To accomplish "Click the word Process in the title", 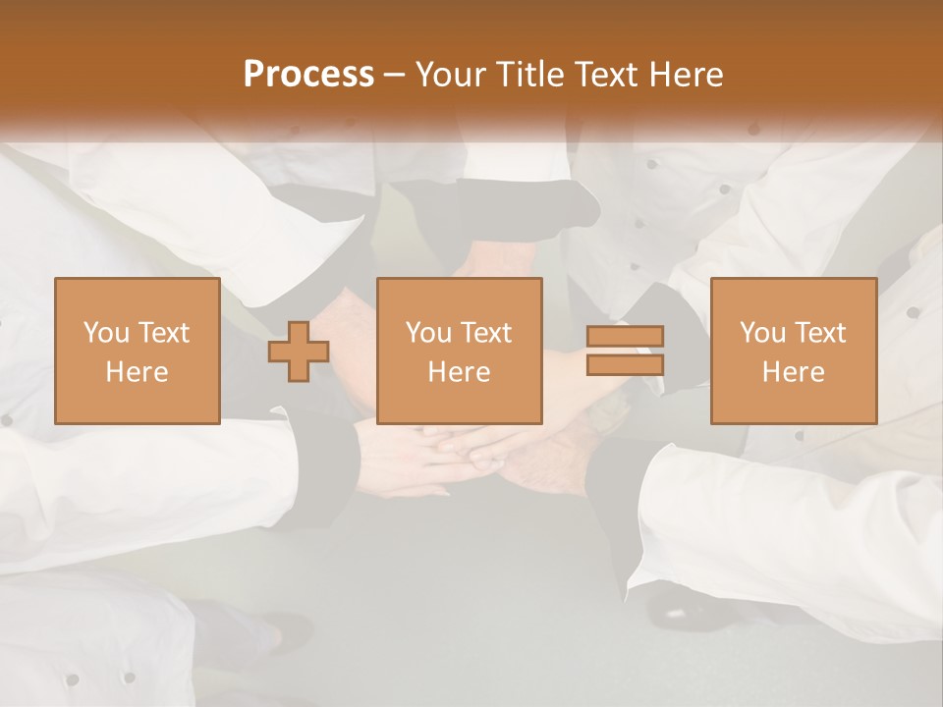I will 308,75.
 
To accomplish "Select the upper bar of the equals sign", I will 625,336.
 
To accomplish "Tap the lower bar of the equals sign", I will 625,364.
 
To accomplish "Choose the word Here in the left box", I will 137,372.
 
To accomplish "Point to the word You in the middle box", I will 429,333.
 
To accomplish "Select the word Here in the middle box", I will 459,372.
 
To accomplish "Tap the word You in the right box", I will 763,333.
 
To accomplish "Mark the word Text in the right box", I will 819,333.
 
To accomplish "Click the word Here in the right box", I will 793,372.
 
